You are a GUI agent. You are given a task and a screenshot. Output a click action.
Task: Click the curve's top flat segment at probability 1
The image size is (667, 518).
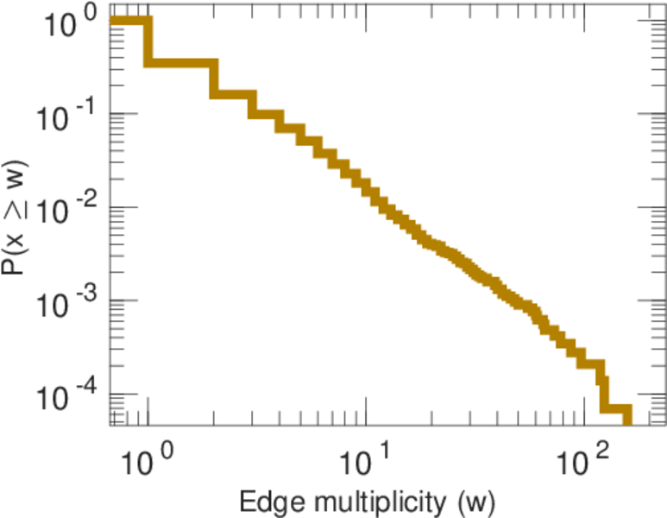pyautogui.click(x=129, y=21)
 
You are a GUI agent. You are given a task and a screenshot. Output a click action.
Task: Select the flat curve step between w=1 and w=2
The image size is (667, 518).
pyautogui.click(x=181, y=63)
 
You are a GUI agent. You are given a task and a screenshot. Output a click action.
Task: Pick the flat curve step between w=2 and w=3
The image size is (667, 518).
pyautogui.click(x=233, y=93)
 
